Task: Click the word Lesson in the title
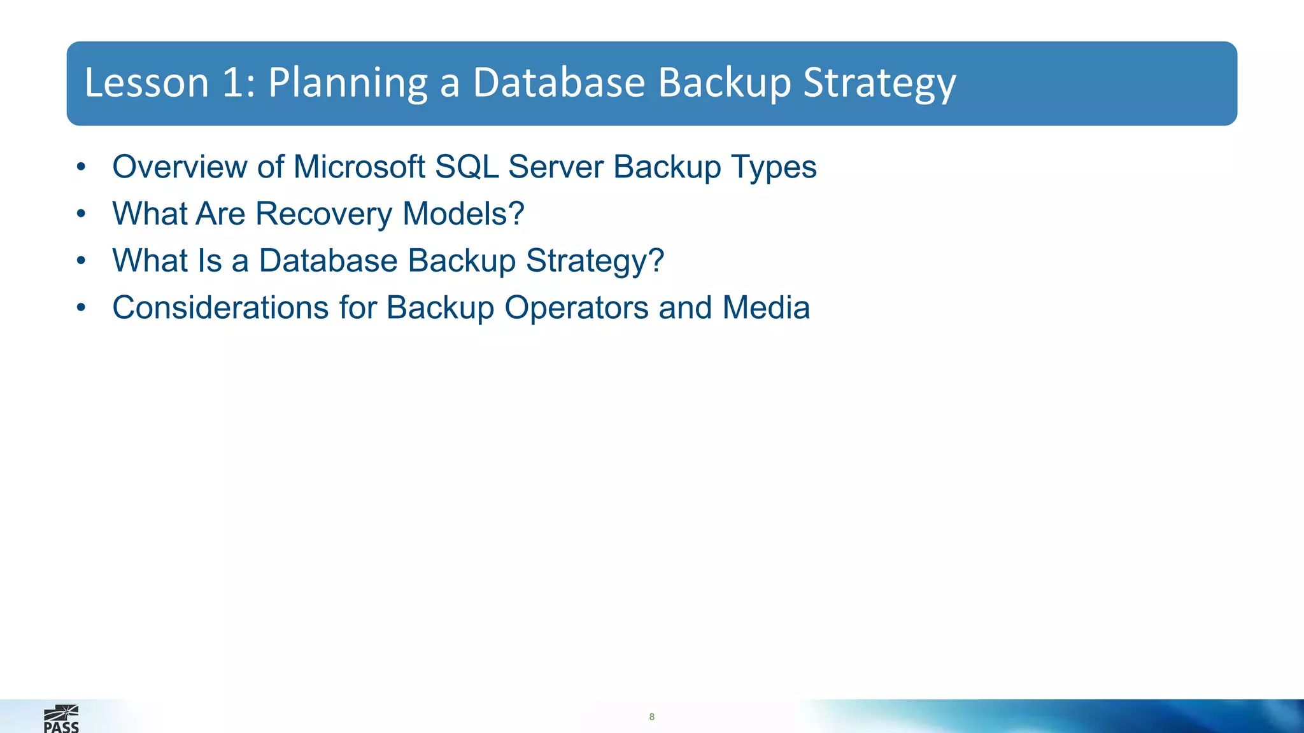tap(146, 83)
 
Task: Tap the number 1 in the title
tap(233, 83)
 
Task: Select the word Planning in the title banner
tap(348, 84)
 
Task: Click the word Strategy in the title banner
tap(879, 84)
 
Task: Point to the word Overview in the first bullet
tap(180, 167)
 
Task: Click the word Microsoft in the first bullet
tap(359, 167)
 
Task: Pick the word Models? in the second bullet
tap(464, 214)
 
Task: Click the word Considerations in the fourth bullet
tap(220, 308)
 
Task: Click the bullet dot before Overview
tap(80, 167)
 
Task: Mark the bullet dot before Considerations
tap(80, 309)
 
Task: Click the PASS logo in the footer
tap(61, 720)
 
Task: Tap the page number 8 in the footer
tap(651, 717)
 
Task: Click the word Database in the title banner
tap(559, 83)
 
